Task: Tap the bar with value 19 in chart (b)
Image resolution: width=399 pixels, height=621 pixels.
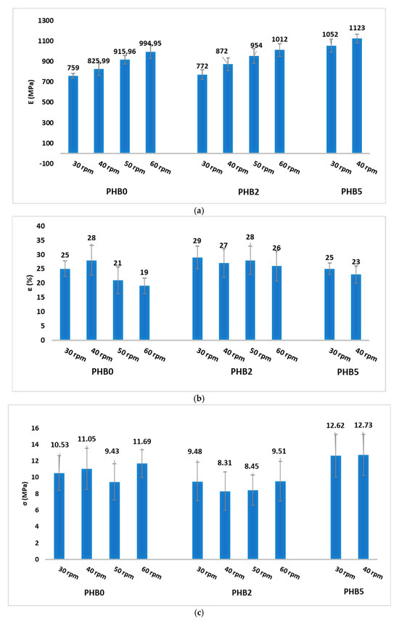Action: click(x=144, y=312)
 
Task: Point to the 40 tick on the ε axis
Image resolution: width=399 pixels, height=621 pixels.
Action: click(x=41, y=227)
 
